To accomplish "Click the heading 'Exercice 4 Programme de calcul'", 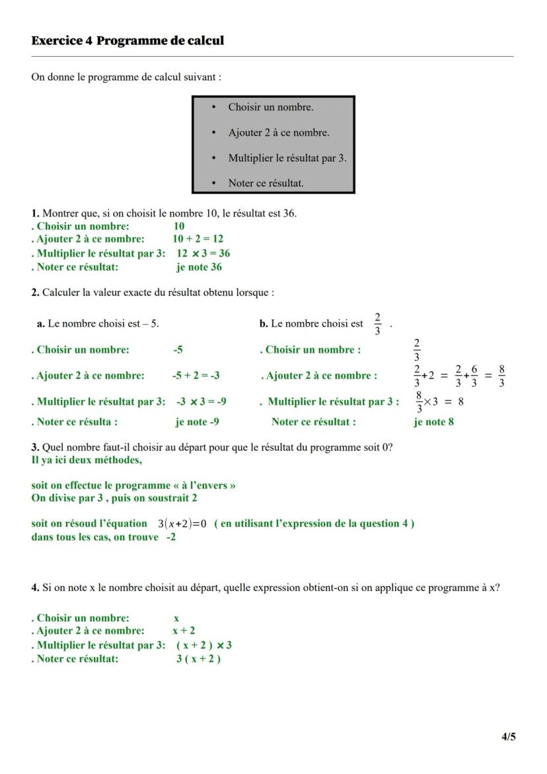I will [x=128, y=41].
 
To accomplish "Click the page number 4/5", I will [x=508, y=736].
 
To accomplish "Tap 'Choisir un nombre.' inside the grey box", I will [x=271, y=107].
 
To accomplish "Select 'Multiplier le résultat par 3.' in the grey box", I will [x=287, y=158].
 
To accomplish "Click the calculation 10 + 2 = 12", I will [x=198, y=239].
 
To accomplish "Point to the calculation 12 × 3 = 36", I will [x=203, y=253].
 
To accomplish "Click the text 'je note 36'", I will [x=199, y=267].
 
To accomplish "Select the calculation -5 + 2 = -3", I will [x=196, y=375].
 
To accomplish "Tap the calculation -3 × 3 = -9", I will [x=201, y=401].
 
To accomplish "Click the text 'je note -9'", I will [x=197, y=422].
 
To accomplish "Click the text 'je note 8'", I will [x=433, y=422].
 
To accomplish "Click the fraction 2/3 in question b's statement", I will [x=377, y=324].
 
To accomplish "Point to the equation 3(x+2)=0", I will [x=182, y=523].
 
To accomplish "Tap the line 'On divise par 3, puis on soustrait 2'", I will [x=114, y=498].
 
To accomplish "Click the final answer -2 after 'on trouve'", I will [x=171, y=537].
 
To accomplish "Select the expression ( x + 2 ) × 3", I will [x=203, y=645].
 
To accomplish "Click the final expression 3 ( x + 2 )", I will [x=198, y=658].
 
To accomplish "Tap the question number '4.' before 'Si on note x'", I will [x=36, y=588].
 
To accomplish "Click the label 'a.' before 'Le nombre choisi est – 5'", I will [x=41, y=324].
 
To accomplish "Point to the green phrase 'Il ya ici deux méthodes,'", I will [x=86, y=459].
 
